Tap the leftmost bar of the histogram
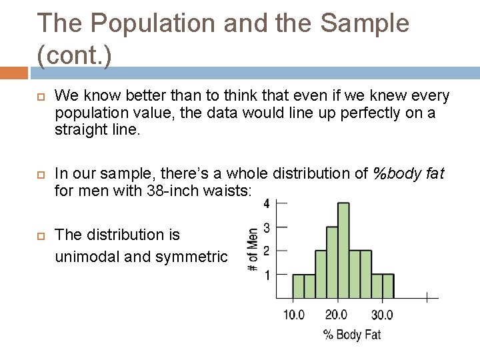point(298,286)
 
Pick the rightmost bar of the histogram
point(388,286)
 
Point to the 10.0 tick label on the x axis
point(293,315)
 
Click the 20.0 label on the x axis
point(336,315)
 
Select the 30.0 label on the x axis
point(381,315)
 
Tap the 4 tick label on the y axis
point(267,204)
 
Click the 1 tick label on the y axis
point(267,275)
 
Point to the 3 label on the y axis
point(267,228)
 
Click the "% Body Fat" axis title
point(352,334)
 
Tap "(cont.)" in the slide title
point(75,56)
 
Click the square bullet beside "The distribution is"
point(41,235)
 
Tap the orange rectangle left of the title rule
point(14,73)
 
